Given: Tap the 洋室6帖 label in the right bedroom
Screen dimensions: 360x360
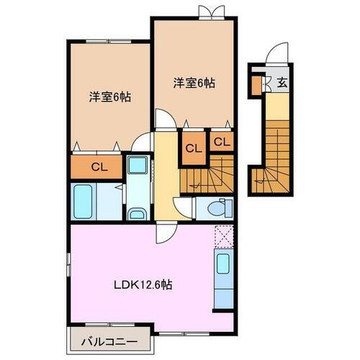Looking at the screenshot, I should point(194,82).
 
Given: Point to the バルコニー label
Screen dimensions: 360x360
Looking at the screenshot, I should point(105,338).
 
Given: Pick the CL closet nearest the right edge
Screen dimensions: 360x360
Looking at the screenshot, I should point(221,141).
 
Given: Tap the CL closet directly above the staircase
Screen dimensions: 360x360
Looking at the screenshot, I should point(192,149).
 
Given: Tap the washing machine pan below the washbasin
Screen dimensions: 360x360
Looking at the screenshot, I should point(136,213).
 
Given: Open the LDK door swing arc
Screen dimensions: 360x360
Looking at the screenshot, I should point(163,235).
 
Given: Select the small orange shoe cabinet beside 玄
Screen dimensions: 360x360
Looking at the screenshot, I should point(256,84).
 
